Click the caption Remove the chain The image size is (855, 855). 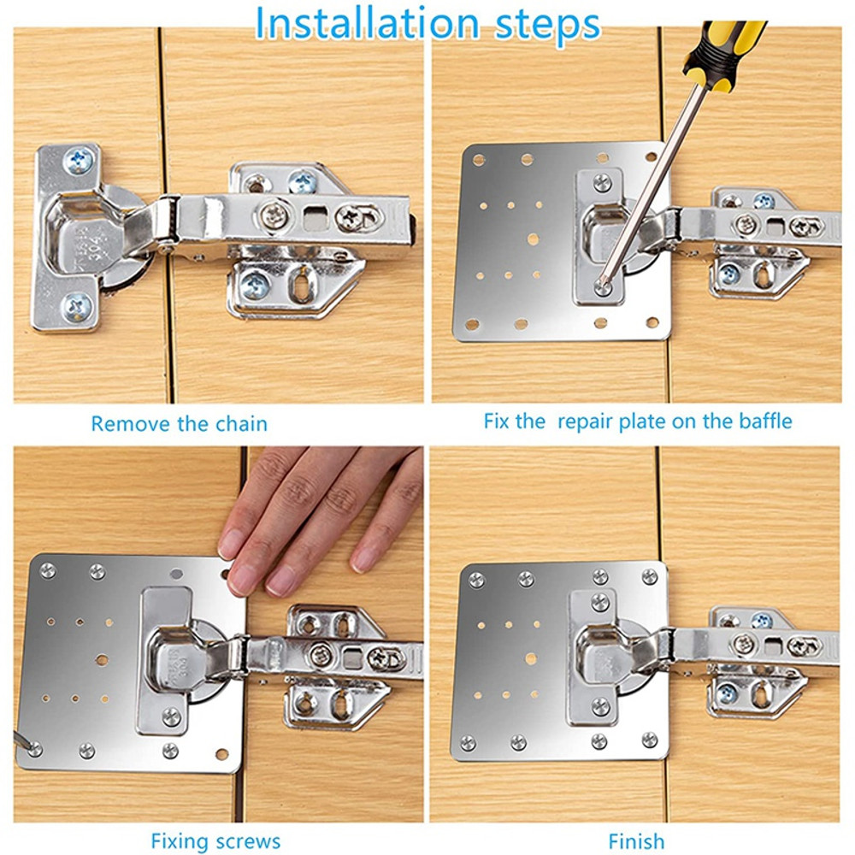click(x=179, y=423)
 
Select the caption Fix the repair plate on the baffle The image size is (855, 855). click(x=637, y=421)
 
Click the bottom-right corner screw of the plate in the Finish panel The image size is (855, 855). click(x=650, y=740)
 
